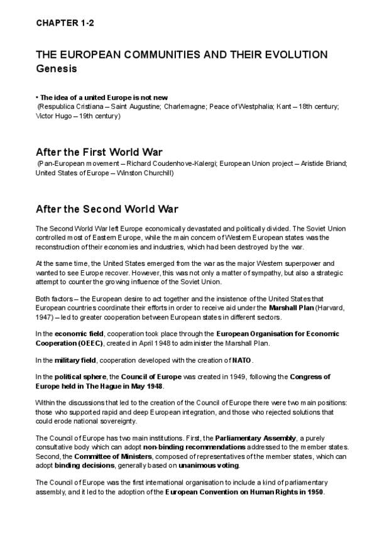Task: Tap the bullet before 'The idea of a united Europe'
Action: [37, 97]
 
